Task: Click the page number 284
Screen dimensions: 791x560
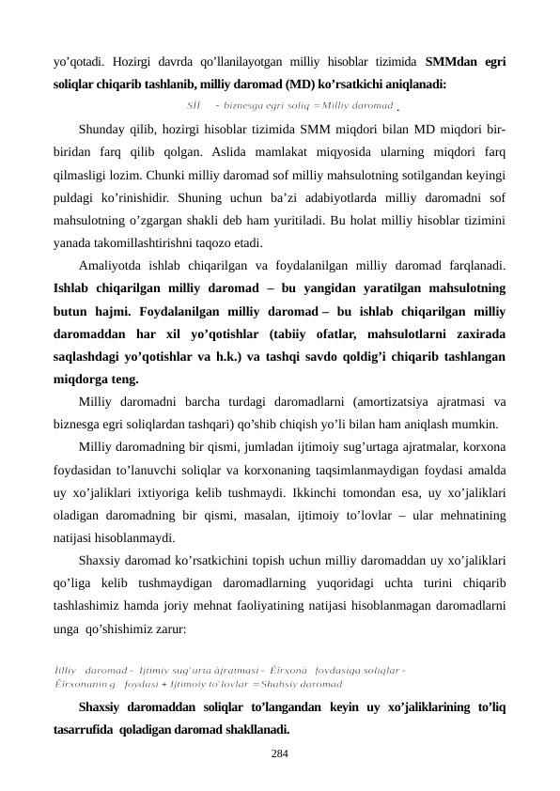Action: [280, 752]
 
